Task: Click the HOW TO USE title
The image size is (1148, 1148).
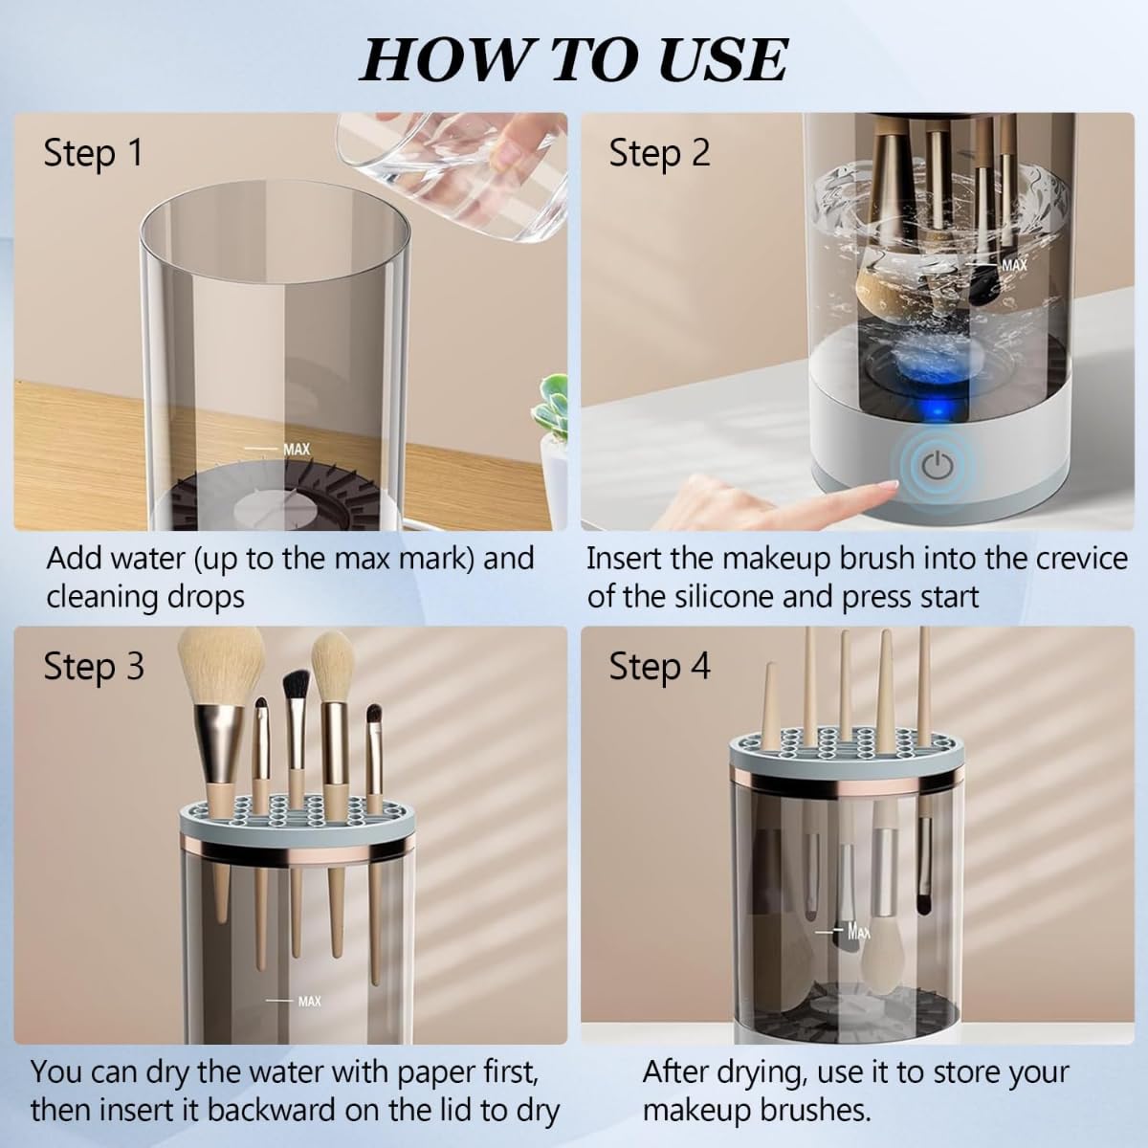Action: click(573, 59)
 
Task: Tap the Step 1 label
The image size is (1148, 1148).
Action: click(93, 153)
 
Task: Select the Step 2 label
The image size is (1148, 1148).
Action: click(659, 153)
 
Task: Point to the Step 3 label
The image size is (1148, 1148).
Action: click(93, 667)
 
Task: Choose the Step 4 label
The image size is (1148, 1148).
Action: click(659, 667)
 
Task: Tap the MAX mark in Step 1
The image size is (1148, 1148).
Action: click(295, 449)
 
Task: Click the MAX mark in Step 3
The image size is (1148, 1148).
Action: click(308, 1001)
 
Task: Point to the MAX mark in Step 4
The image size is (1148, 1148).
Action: click(857, 931)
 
